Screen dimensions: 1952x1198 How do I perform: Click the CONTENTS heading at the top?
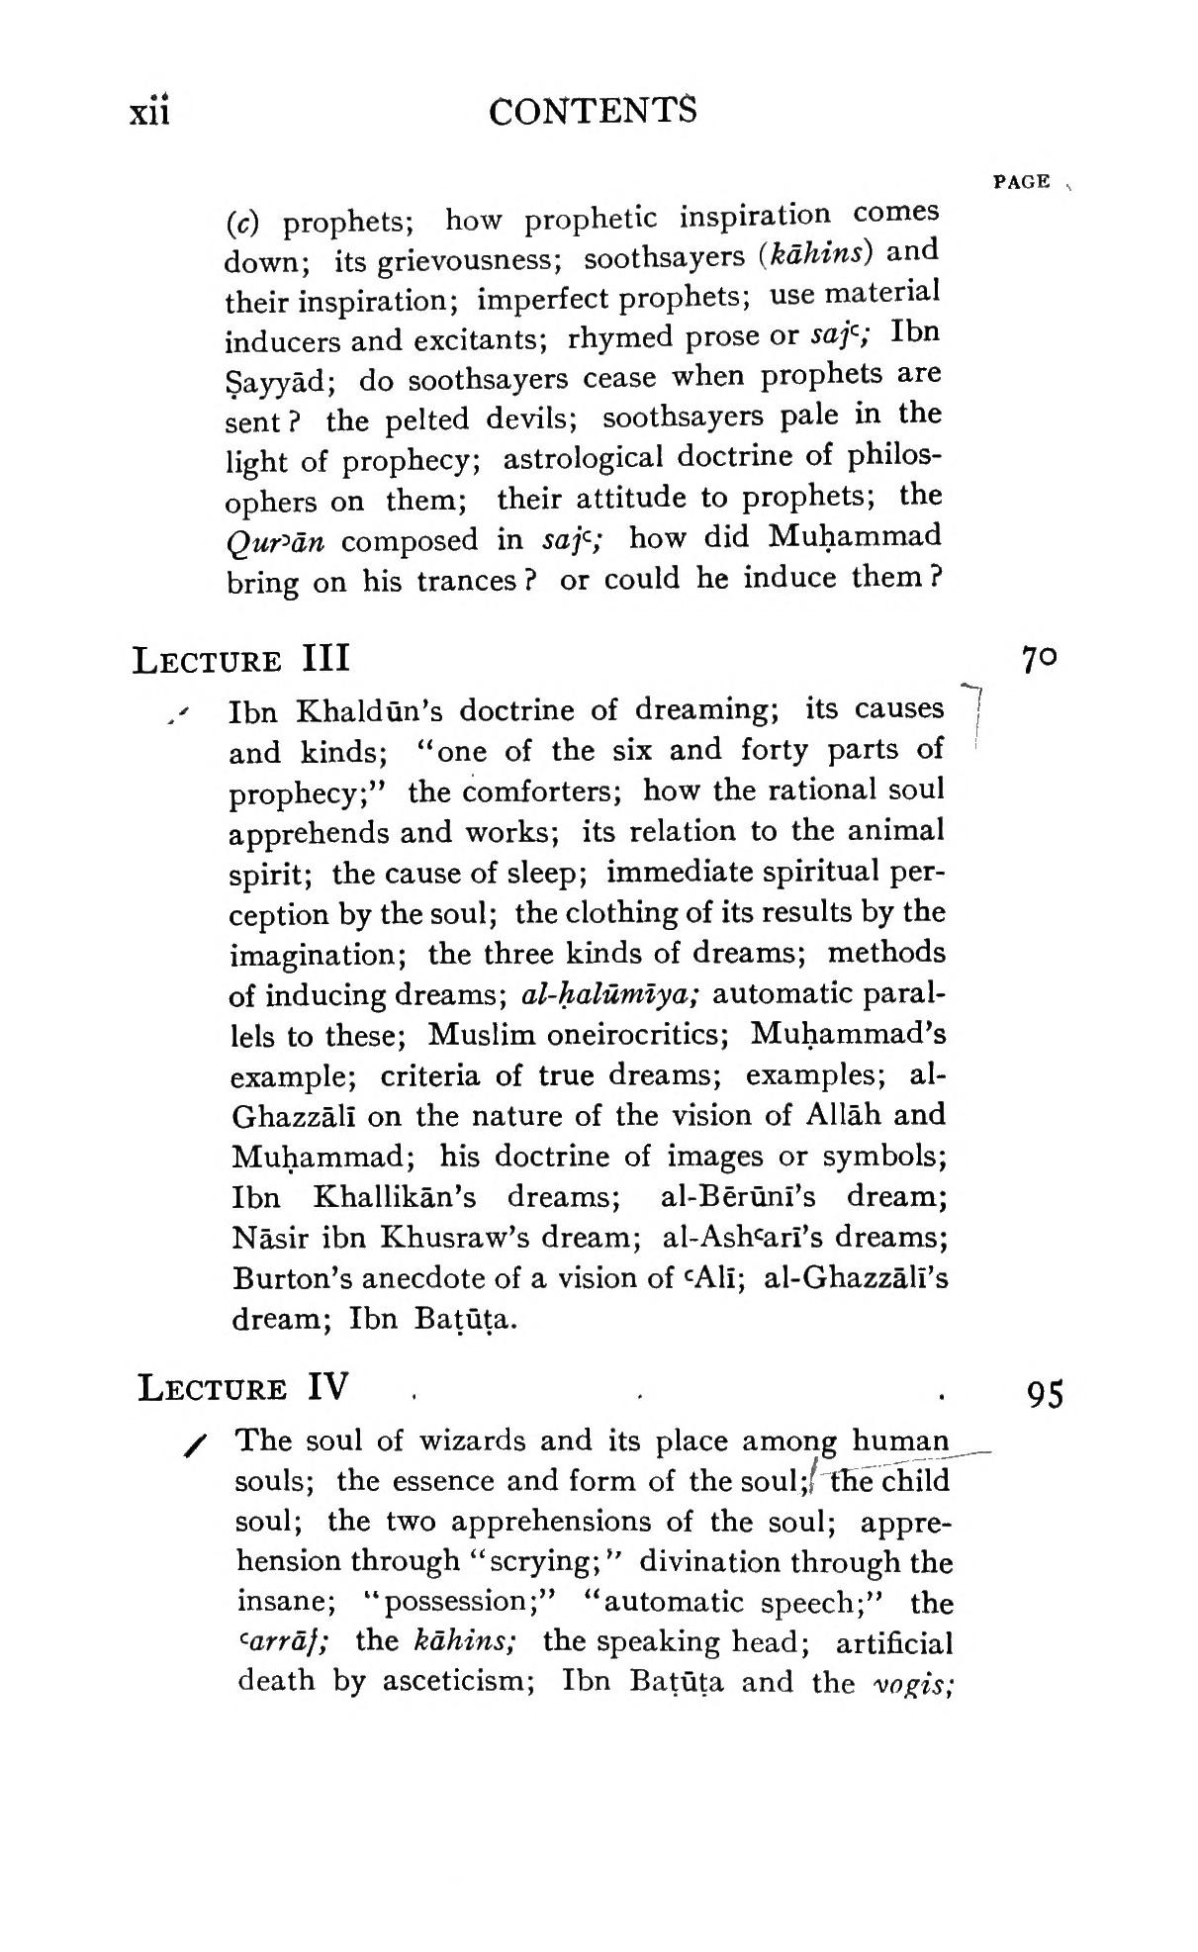[x=592, y=112]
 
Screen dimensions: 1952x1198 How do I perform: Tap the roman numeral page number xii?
[x=150, y=112]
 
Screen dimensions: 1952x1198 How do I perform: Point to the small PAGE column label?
[x=1022, y=182]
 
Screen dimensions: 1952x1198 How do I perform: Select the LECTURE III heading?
[x=240, y=658]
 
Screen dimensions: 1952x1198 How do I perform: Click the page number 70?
[x=1040, y=659]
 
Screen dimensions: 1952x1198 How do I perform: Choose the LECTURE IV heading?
[x=242, y=1387]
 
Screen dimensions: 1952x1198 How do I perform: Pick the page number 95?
[x=1045, y=1394]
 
